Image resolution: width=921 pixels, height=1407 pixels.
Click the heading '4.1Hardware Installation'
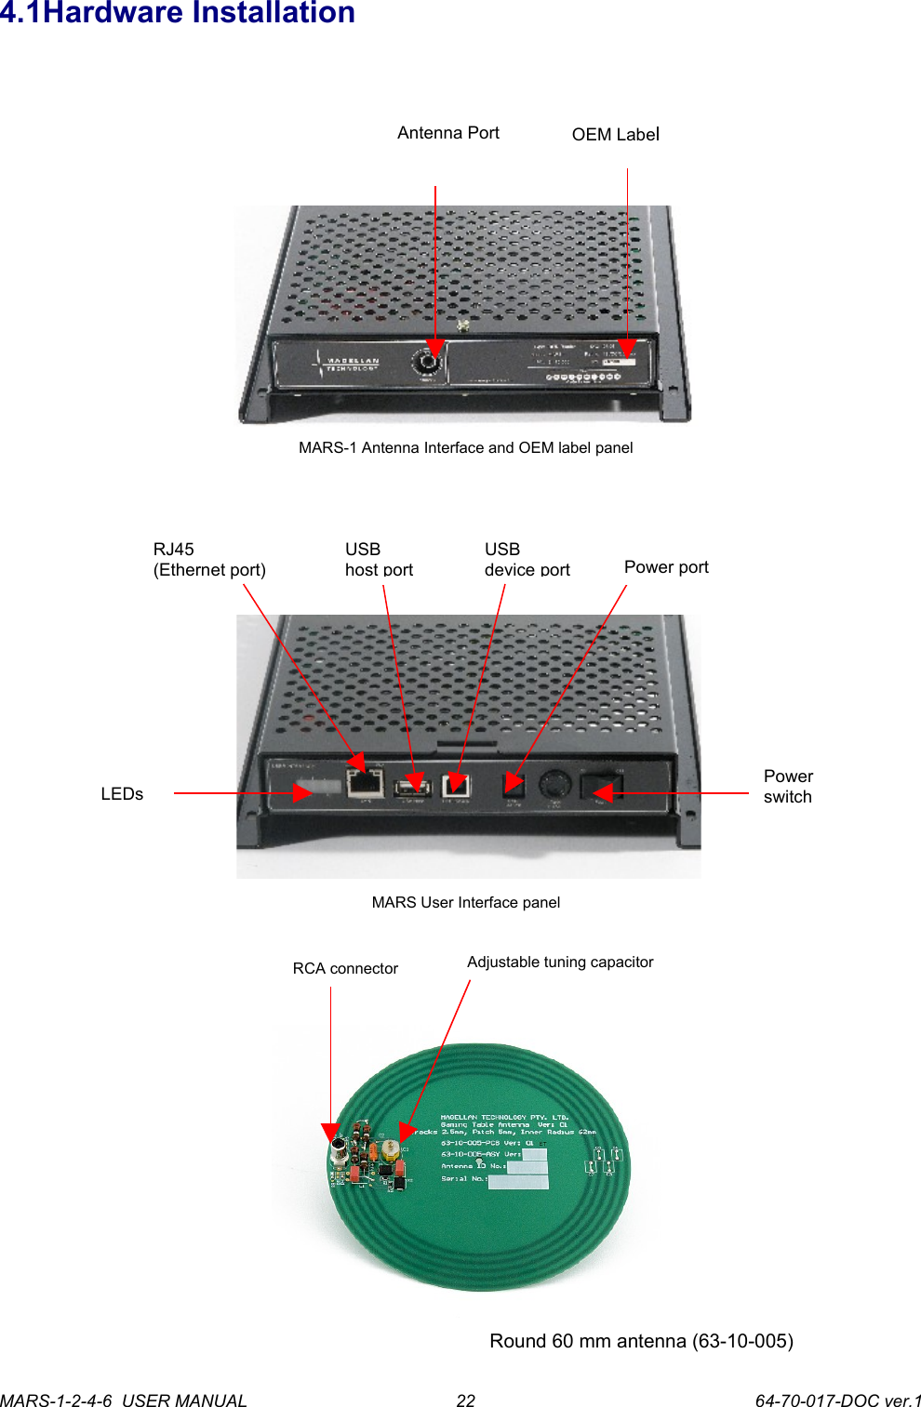(178, 13)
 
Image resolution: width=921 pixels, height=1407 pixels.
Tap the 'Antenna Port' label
(447, 133)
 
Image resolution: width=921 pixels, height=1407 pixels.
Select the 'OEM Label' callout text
(615, 135)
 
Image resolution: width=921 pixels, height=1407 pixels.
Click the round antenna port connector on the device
(430, 362)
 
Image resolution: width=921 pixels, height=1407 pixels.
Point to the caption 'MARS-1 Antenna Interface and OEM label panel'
(465, 447)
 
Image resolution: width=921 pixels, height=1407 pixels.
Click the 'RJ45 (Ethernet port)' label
(209, 560)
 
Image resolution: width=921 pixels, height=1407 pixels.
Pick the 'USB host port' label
(379, 560)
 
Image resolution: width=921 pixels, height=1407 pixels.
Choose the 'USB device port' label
(527, 560)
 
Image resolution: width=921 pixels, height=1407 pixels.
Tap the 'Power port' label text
(666, 567)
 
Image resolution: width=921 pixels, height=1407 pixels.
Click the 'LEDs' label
(122, 794)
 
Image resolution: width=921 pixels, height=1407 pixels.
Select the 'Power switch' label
(788, 787)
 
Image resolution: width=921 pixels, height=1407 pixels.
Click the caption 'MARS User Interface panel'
(465, 902)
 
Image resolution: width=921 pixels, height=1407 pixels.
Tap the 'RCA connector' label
(345, 969)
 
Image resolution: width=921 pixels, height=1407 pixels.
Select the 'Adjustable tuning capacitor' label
(560, 962)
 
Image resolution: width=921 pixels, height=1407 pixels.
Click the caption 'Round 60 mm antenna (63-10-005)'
(641, 1341)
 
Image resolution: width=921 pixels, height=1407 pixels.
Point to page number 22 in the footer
(465, 1400)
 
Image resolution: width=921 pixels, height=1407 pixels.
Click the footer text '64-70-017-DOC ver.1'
(837, 1400)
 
